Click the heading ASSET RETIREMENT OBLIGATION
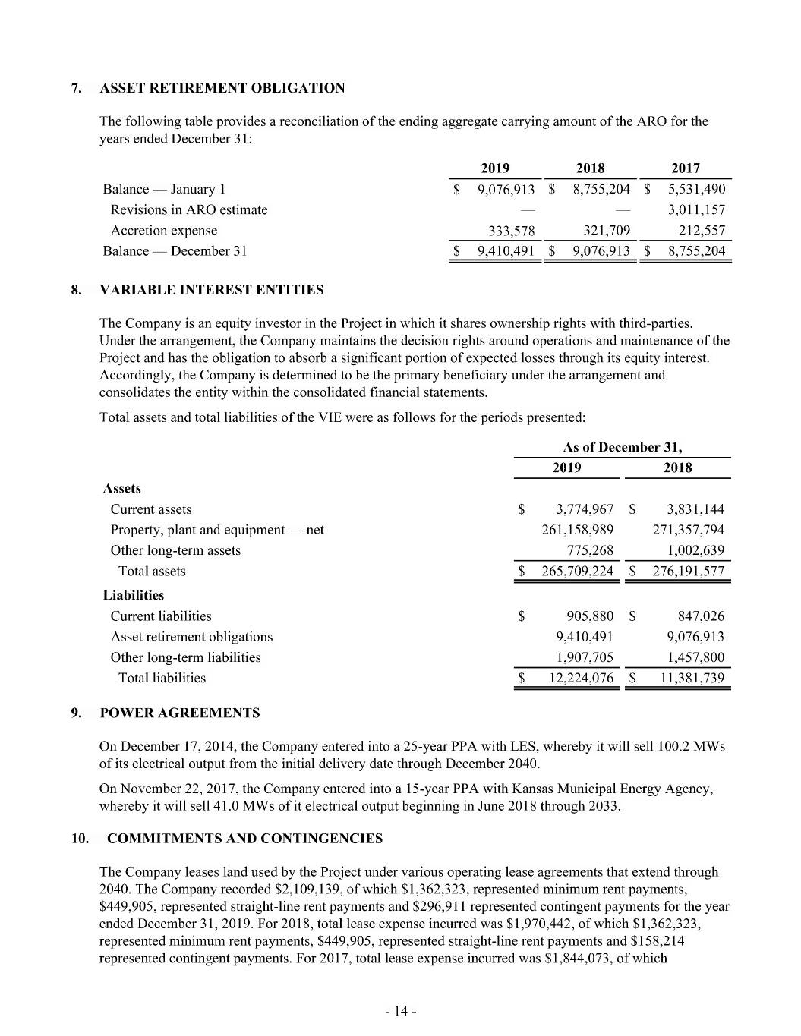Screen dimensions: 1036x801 click(x=222, y=88)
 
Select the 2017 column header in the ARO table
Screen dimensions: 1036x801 click(x=686, y=168)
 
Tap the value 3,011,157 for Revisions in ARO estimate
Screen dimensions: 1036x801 click(x=696, y=210)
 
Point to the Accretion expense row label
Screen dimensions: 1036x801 click(x=164, y=231)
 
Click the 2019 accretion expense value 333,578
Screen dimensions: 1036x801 click(x=509, y=231)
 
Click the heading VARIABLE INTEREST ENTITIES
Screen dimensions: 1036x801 click(x=212, y=290)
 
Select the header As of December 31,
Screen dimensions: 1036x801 click(x=622, y=447)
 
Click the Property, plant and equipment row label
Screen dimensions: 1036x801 click(x=217, y=530)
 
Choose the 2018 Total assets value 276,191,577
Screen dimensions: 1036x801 click(x=688, y=571)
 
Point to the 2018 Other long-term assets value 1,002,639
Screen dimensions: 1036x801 click(x=695, y=550)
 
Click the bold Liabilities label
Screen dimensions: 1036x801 click(x=134, y=595)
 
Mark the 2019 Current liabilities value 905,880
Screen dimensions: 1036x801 click(x=590, y=616)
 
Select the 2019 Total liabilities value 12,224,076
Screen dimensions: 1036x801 click(x=581, y=678)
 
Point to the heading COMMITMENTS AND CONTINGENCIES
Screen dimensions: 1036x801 click(x=244, y=839)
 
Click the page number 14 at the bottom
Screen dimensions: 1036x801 click(x=401, y=1011)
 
